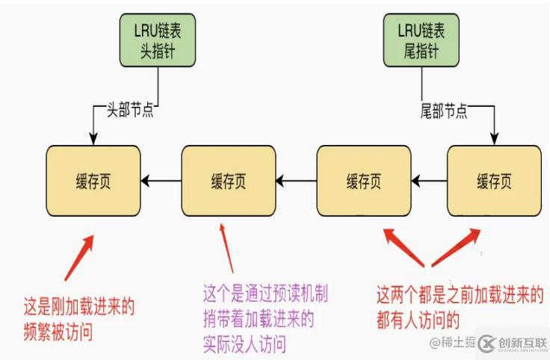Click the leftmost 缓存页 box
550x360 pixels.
coord(93,181)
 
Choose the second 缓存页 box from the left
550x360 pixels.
coord(228,181)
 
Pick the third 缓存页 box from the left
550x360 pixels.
coord(363,181)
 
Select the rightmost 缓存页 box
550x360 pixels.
coord(493,181)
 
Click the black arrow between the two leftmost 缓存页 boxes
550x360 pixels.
coord(161,181)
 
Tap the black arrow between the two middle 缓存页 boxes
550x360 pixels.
coord(295,181)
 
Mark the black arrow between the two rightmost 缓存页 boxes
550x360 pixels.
coord(429,181)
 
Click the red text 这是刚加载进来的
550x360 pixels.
coord(80,307)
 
